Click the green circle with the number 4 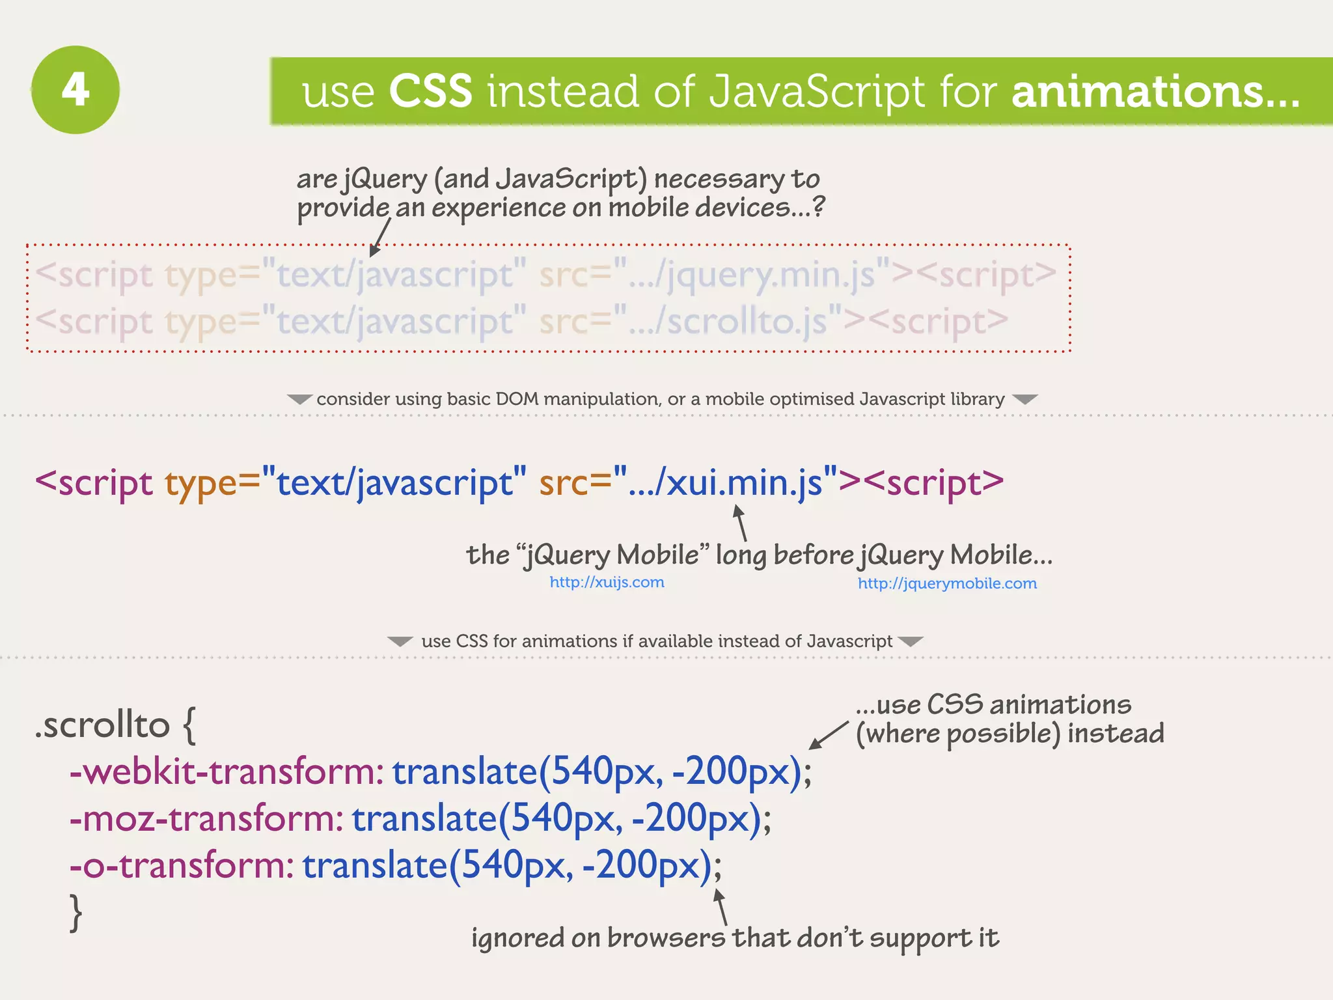(x=76, y=90)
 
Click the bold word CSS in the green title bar (x=430, y=91)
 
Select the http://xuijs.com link (x=607, y=582)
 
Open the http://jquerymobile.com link (x=947, y=583)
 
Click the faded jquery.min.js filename (x=771, y=275)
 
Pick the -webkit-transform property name (x=225, y=772)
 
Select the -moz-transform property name (x=206, y=819)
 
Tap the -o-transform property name (x=181, y=866)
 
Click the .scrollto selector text (x=103, y=725)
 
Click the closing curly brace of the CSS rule (x=76, y=913)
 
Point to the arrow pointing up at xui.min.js (x=741, y=523)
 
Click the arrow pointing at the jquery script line (x=381, y=238)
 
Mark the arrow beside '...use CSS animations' (x=828, y=735)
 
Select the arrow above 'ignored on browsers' (x=721, y=906)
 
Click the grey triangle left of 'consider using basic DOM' (x=299, y=399)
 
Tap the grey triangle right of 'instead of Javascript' (x=910, y=641)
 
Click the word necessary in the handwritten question (x=719, y=179)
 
